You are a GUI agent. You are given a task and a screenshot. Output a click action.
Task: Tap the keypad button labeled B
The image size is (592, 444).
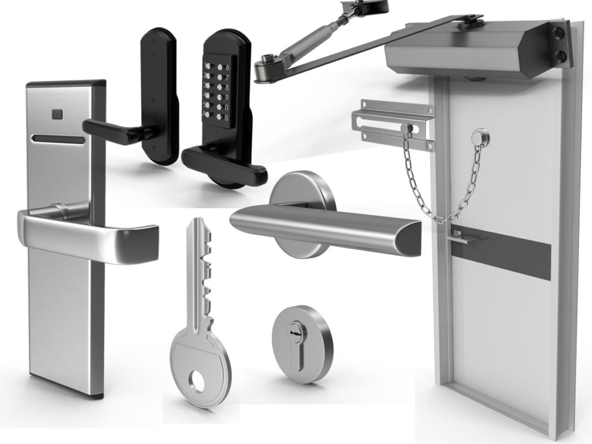(x=219, y=117)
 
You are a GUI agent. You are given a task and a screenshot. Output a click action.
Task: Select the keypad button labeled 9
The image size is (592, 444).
(x=219, y=97)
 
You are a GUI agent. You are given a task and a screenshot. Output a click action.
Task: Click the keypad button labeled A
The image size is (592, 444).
(x=207, y=114)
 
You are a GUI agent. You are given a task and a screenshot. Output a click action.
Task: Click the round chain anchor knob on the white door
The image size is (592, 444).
(x=479, y=138)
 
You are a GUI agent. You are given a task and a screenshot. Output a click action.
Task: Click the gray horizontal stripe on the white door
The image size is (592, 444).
(x=509, y=251)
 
